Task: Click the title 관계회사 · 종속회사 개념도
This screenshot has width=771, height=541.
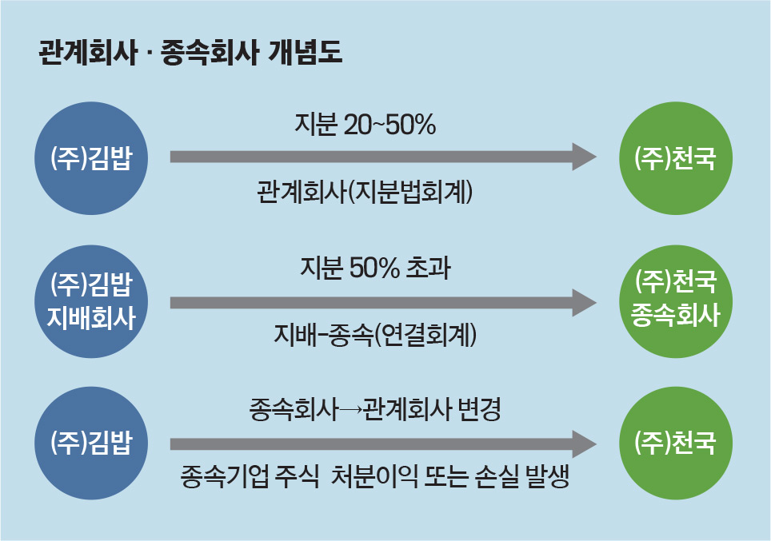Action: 190,53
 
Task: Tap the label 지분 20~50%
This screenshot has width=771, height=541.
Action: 366,125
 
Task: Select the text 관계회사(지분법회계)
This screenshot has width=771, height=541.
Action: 365,192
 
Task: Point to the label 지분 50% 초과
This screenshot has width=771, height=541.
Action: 376,269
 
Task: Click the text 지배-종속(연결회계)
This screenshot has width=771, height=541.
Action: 375,335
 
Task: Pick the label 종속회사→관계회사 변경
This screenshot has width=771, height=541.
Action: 375,410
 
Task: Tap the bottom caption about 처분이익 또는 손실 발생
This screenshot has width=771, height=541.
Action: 375,476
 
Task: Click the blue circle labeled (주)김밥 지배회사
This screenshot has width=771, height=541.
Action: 91,302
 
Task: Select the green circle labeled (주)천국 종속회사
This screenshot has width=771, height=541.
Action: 676,302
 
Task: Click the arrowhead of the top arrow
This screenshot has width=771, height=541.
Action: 584,157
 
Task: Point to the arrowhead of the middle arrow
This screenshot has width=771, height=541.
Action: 584,303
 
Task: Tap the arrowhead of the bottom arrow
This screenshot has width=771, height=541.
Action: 584,444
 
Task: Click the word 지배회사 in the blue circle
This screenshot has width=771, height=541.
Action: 91,317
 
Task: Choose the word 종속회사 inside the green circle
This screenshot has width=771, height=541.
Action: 676,315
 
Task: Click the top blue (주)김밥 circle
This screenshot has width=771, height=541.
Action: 91,158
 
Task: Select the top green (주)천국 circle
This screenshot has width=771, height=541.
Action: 676,158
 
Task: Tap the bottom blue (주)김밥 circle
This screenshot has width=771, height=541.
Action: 91,444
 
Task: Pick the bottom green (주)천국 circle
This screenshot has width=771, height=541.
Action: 676,444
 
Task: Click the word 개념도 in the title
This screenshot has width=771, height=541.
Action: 305,53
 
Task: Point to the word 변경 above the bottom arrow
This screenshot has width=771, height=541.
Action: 479,410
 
